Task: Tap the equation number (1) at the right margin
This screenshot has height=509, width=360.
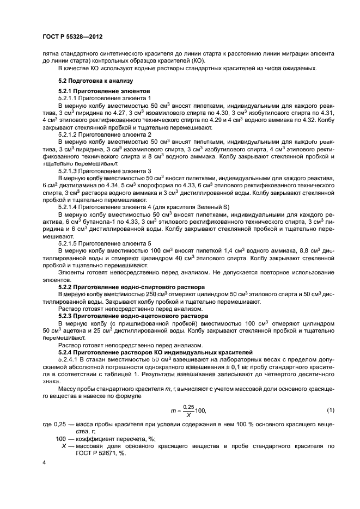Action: pyautogui.click(x=330, y=409)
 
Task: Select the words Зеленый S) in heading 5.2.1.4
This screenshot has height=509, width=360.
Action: pyautogui.click(x=215, y=207)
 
